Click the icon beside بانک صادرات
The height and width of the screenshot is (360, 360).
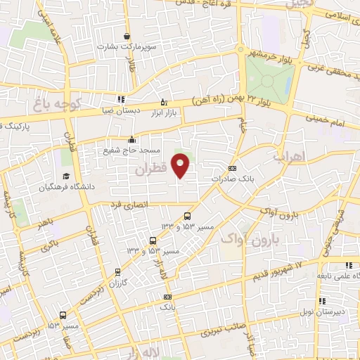[233, 168]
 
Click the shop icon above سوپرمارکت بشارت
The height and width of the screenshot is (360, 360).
[127, 36]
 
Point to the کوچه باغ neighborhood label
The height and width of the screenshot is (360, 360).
[58, 105]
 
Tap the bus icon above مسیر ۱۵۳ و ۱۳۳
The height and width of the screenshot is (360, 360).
[186, 216]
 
